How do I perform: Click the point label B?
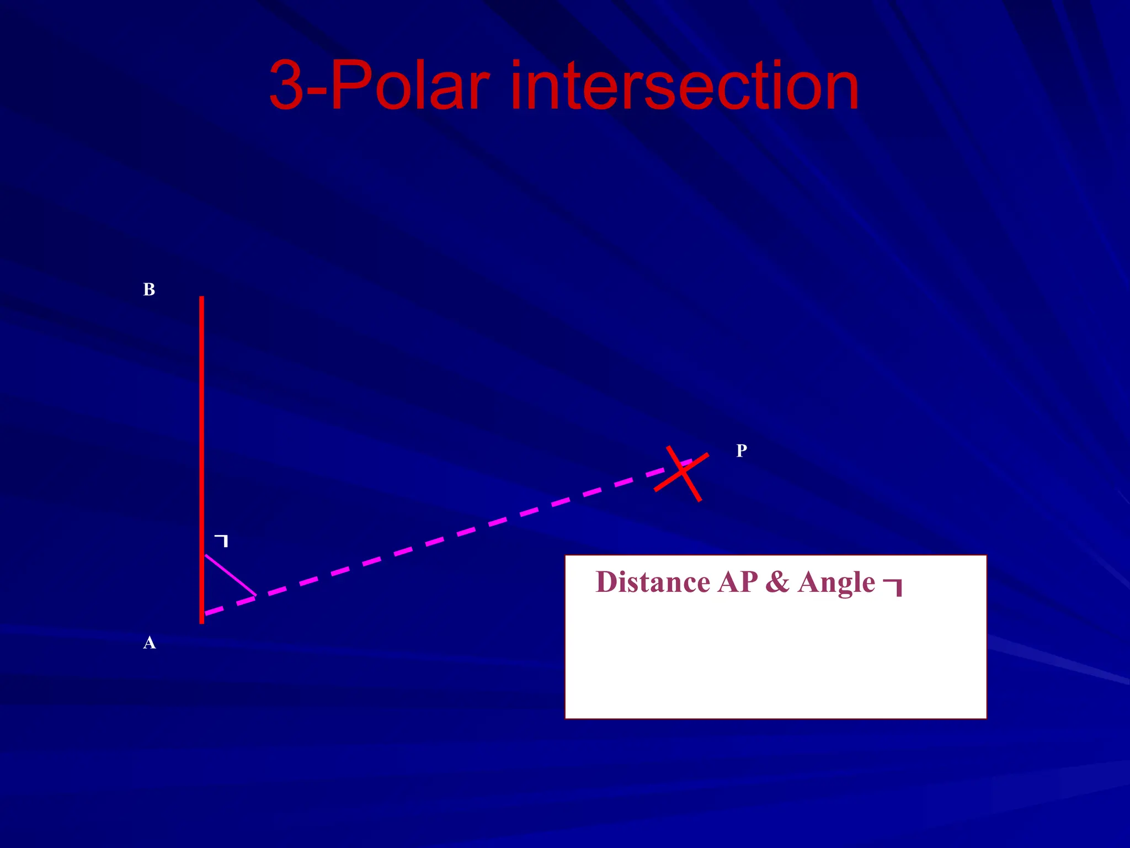click(x=149, y=289)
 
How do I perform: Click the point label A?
click(x=149, y=643)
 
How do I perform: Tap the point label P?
click(x=742, y=451)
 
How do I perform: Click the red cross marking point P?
click(x=683, y=472)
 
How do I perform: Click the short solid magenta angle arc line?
click(x=230, y=575)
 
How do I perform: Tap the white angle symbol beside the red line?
click(x=222, y=540)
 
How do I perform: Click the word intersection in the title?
click(x=684, y=86)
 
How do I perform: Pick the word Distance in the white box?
click(x=653, y=582)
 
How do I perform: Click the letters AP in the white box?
click(x=738, y=582)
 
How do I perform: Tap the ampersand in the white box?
click(x=777, y=582)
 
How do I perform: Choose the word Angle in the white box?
click(x=836, y=582)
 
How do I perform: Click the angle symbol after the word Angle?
click(x=894, y=586)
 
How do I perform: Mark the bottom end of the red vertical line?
click(x=201, y=621)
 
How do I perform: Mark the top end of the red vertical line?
click(x=201, y=298)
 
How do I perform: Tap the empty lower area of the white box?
click(x=775, y=668)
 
